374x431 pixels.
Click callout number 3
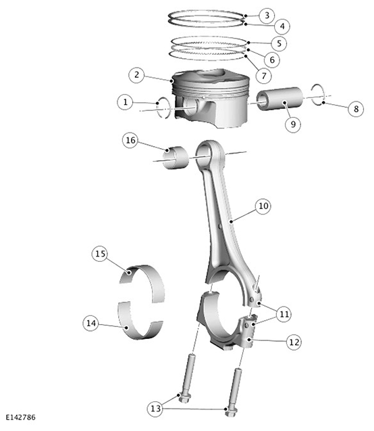(x=267, y=15)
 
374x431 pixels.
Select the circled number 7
(x=264, y=76)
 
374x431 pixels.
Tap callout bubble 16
(x=130, y=140)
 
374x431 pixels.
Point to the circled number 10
(x=263, y=206)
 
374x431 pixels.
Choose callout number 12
(x=294, y=342)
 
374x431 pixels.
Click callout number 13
(x=155, y=409)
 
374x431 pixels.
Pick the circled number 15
(x=100, y=254)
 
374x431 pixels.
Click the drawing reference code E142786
(x=21, y=417)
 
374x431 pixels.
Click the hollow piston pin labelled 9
(x=279, y=99)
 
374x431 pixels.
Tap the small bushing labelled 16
(x=176, y=158)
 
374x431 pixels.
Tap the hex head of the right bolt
(x=231, y=411)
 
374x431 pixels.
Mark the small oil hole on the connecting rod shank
(x=219, y=227)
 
